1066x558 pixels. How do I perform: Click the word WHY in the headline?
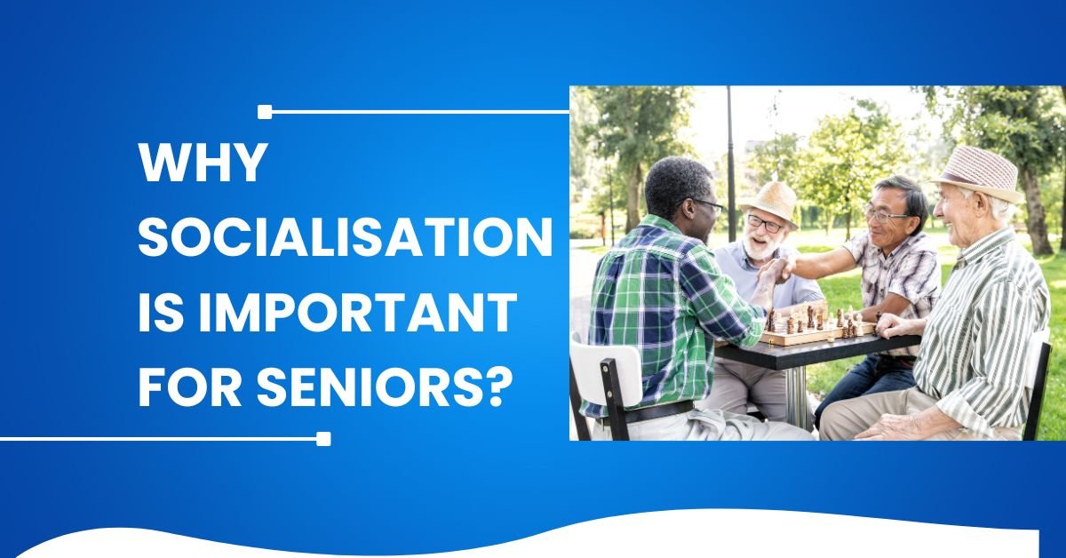pos(201,162)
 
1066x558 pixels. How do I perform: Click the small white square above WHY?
pos(264,112)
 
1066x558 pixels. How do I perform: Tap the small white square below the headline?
pos(323,439)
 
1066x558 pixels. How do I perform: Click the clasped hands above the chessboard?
pos(775,271)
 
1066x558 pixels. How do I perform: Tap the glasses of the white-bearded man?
pos(764,224)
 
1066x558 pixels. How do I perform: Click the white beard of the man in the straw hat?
pos(760,246)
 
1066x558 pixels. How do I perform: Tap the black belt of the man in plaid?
pos(652,411)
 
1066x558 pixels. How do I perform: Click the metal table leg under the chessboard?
pos(796,395)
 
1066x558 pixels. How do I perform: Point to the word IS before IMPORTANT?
pos(161,313)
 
